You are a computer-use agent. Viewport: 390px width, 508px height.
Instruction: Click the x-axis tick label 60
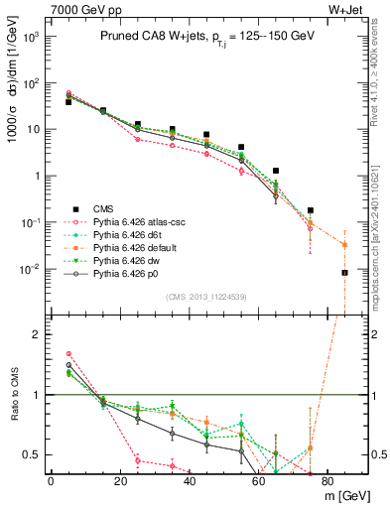click(259, 481)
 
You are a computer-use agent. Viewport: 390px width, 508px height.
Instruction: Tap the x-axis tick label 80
click(328, 481)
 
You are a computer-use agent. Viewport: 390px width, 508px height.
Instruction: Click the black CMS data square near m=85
click(345, 273)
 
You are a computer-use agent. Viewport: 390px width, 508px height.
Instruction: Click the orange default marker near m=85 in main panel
click(345, 244)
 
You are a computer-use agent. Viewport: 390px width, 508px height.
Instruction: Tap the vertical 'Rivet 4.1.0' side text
click(378, 79)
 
